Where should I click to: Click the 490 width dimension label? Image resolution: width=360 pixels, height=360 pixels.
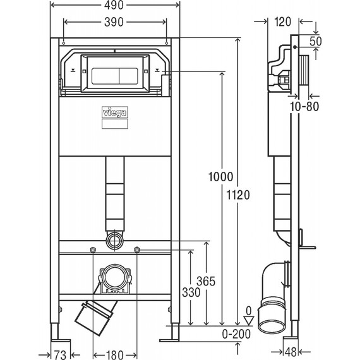[x=114, y=5]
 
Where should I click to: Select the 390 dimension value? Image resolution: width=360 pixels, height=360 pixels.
[x=114, y=22]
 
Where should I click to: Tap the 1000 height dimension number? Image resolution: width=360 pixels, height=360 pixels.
[x=220, y=177]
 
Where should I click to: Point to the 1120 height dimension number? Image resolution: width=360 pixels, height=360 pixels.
[x=238, y=195]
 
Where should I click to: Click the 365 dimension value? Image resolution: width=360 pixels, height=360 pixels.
[x=206, y=281]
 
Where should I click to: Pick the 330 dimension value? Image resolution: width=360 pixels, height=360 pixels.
[x=191, y=292]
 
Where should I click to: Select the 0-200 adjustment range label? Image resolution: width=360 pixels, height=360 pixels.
[x=236, y=334]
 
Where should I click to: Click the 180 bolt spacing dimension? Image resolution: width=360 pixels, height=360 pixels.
[x=114, y=355]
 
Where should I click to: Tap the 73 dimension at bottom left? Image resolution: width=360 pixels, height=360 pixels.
[x=61, y=355]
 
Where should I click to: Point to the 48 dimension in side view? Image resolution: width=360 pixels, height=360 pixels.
[x=291, y=352]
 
